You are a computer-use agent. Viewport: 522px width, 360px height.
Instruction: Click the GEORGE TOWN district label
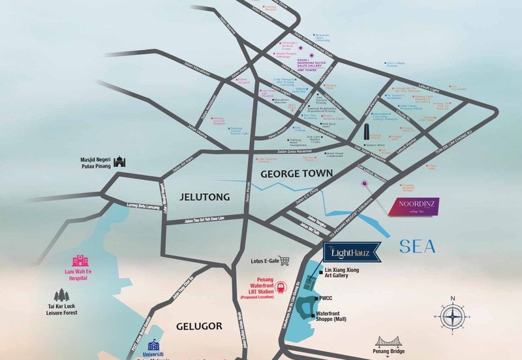[x=297, y=174]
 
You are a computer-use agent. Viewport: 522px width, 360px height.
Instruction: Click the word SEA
[x=418, y=247]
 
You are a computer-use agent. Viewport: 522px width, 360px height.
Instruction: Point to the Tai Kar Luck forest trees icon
[x=63, y=295]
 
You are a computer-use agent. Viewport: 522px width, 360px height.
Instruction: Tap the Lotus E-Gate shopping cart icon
[x=284, y=260]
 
